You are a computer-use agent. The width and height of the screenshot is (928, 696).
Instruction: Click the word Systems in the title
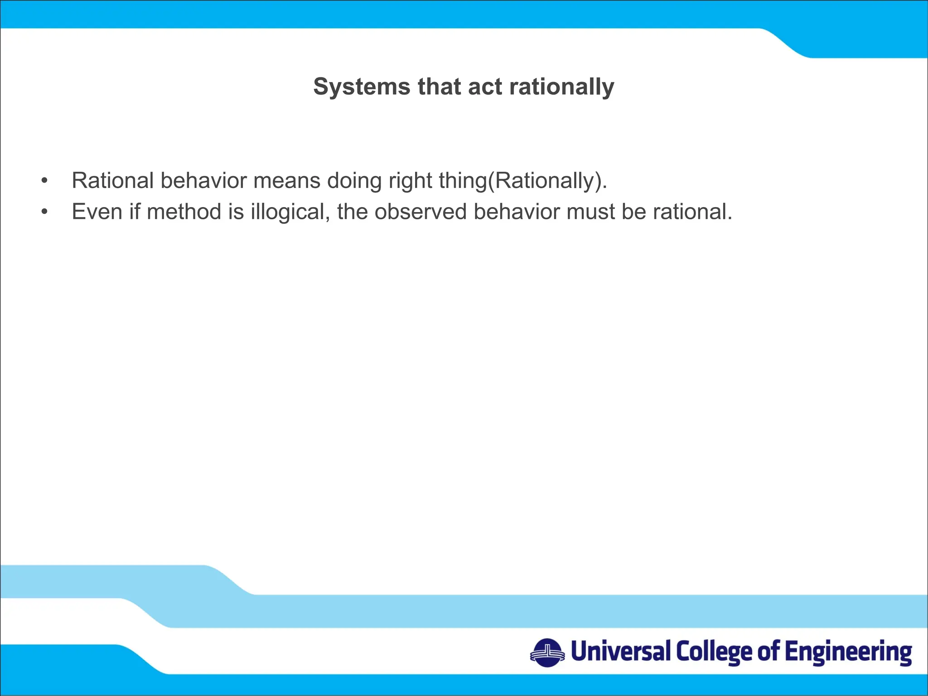click(x=361, y=87)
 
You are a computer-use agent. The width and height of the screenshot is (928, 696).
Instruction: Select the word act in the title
click(x=485, y=87)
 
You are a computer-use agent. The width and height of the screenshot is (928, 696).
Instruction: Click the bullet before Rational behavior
click(x=44, y=181)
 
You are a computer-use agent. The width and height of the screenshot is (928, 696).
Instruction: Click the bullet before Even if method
click(x=44, y=212)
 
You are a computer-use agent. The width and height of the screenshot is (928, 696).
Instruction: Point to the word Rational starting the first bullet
click(x=113, y=180)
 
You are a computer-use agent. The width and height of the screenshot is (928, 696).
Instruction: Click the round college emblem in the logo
click(x=547, y=653)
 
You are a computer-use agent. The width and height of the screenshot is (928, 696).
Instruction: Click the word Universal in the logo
click(x=620, y=652)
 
